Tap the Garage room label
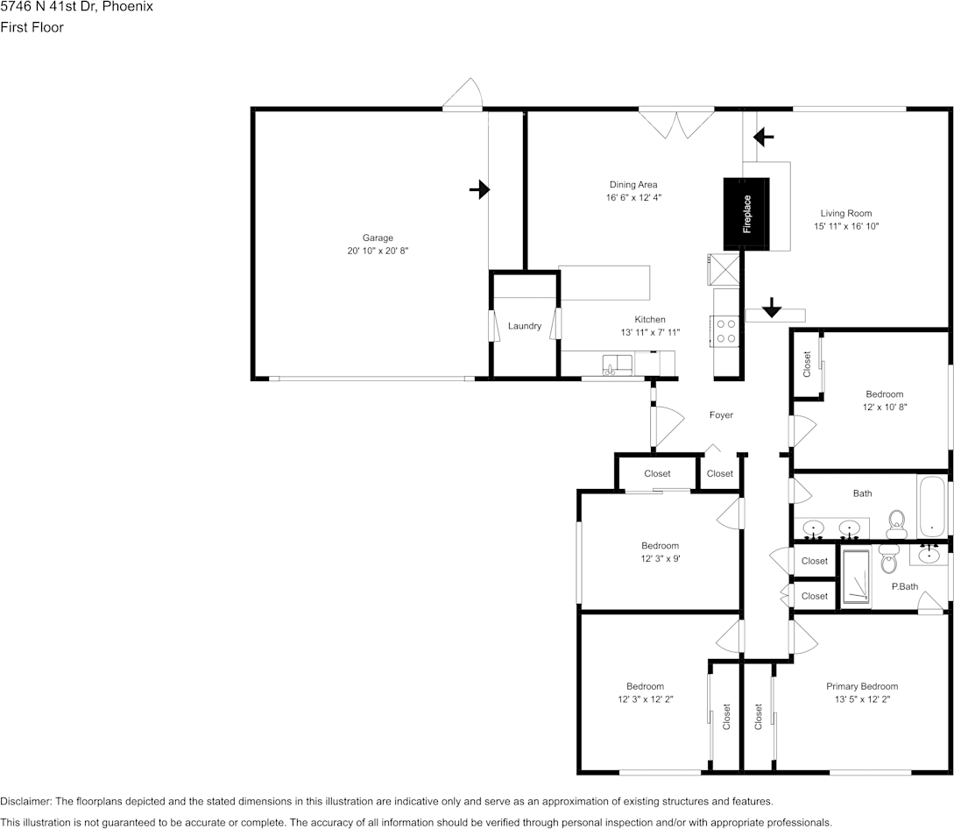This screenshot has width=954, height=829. pos(378,237)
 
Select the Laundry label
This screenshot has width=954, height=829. pos(525,326)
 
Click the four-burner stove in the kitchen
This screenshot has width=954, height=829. pos(726,330)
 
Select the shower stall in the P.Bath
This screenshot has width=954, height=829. pos(856,577)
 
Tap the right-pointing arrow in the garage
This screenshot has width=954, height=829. pos(479,189)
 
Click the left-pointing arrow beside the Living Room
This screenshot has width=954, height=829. pos(764,136)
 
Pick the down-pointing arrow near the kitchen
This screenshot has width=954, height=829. pos(771,308)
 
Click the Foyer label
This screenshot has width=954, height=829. pos(721,414)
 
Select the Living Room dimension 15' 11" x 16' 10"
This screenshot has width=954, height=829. pos(845,226)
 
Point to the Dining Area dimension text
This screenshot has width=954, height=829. pos(633,197)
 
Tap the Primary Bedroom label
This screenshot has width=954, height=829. pos(862,686)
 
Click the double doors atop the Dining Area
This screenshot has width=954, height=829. pos(676,124)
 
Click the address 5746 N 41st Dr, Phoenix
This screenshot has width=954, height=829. pos(76,7)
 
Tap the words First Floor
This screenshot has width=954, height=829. pos(32,27)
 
